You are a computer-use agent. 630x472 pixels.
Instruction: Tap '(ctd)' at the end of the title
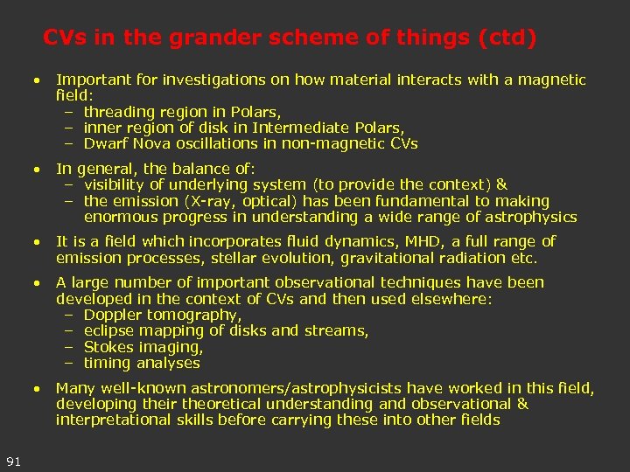505,38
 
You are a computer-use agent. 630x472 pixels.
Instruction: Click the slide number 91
13,461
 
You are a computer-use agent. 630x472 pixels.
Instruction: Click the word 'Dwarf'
104,143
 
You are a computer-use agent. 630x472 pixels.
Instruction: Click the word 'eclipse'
111,330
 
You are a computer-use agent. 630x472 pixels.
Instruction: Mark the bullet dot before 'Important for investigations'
37,80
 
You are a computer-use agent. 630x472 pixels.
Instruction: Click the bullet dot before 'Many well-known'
37,387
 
